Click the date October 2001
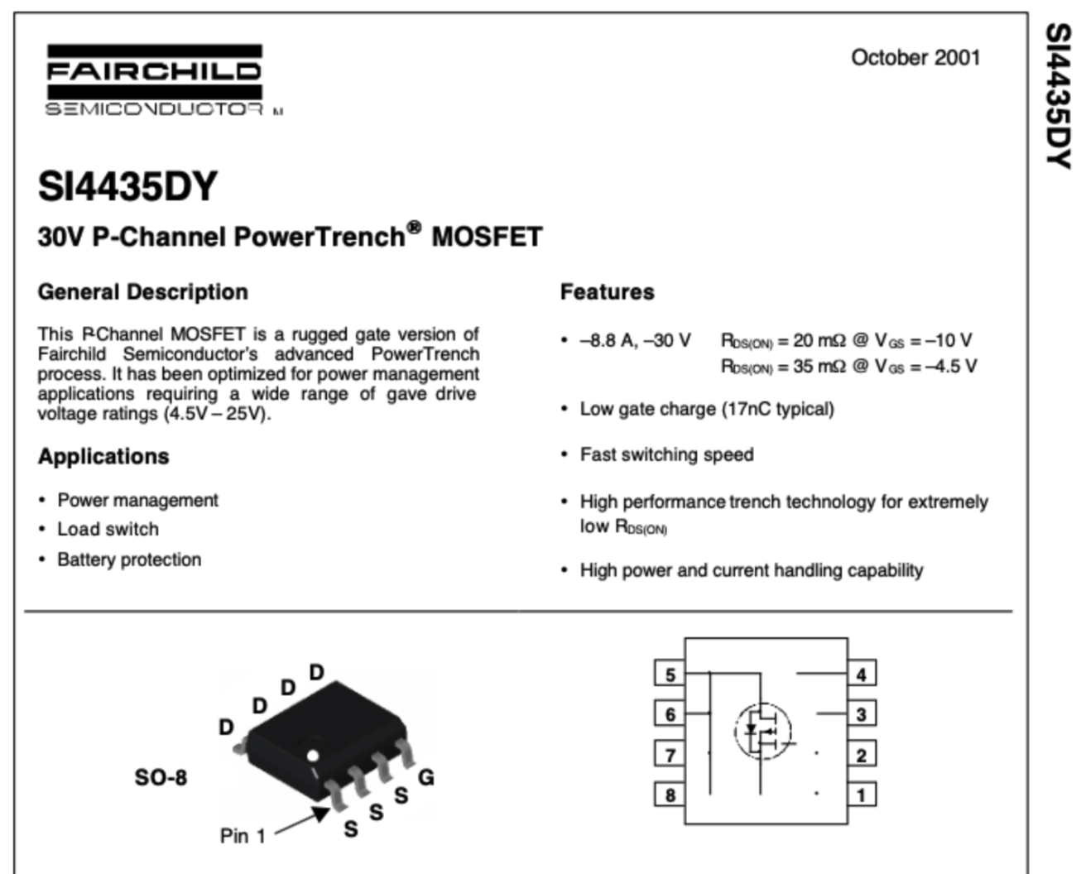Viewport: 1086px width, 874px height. [x=915, y=57]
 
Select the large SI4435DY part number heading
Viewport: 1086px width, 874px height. [x=127, y=186]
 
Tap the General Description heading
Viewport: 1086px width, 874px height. [x=142, y=292]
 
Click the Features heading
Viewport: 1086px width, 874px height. [x=607, y=292]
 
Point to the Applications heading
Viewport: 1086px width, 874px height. [x=103, y=457]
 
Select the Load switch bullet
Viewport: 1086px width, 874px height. [x=108, y=529]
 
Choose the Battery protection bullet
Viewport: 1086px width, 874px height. [x=129, y=559]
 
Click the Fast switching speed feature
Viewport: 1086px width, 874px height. [x=666, y=454]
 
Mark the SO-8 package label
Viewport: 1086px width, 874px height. [x=161, y=778]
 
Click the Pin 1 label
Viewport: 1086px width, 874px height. [x=243, y=836]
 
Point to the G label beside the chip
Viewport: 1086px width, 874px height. [x=426, y=777]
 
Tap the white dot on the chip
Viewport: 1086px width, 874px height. [x=312, y=756]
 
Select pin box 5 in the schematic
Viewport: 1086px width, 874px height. [x=670, y=675]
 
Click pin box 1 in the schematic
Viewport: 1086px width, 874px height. [x=861, y=795]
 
